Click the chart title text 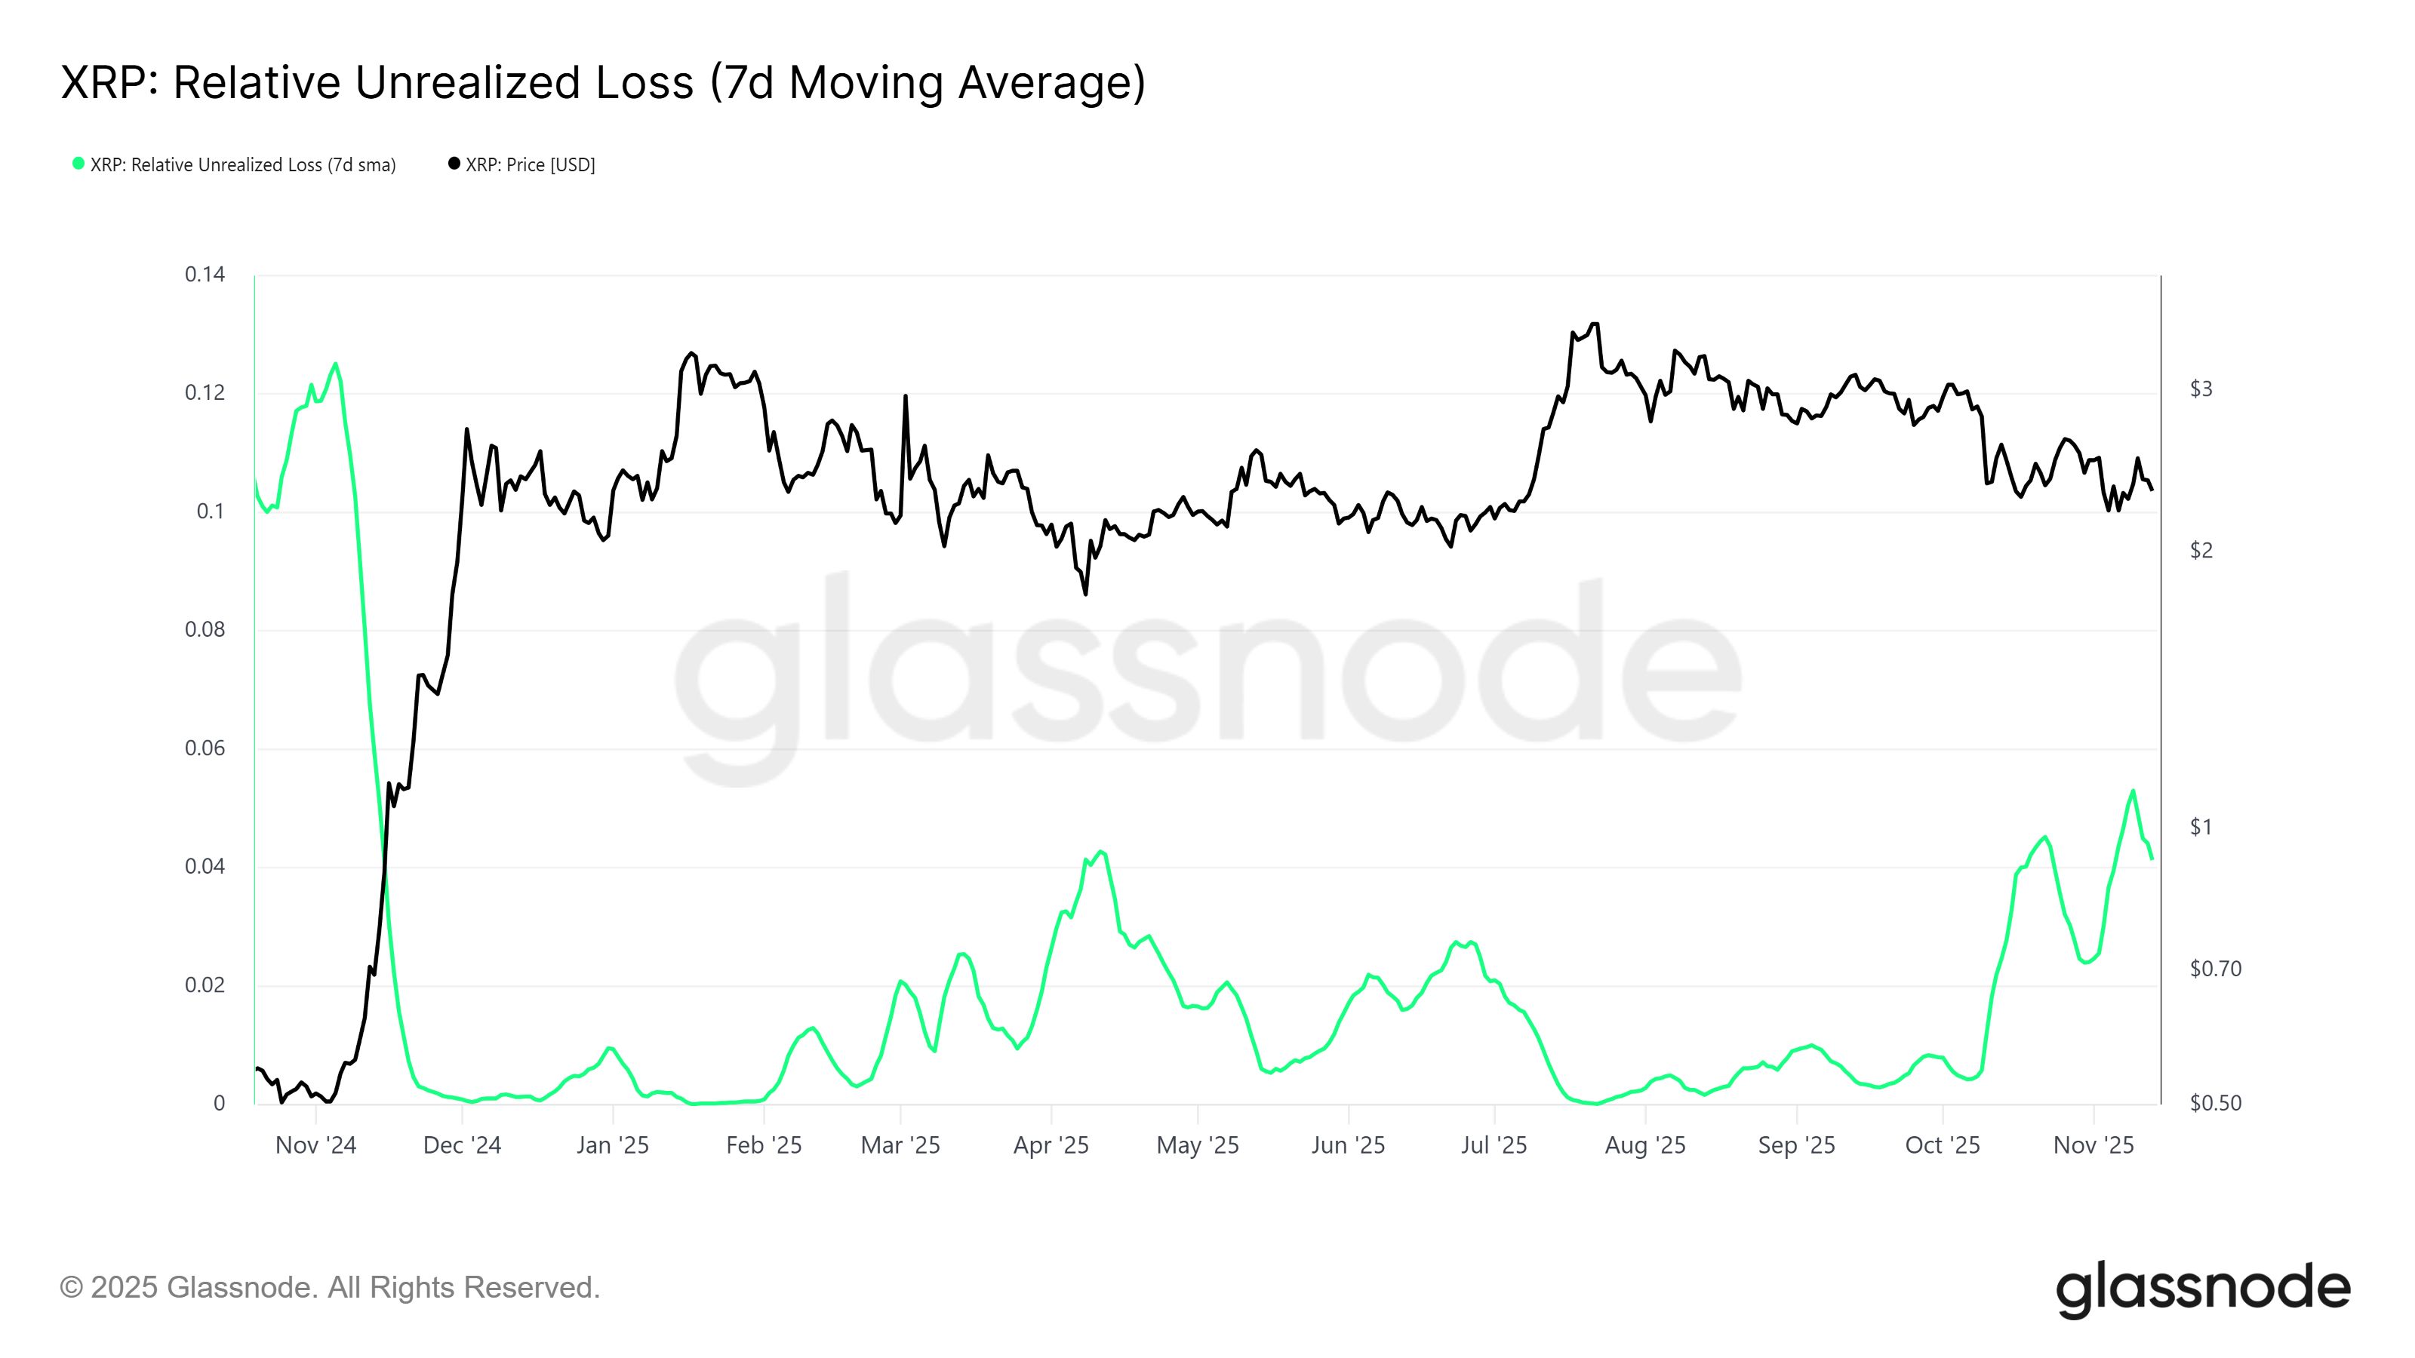[603, 82]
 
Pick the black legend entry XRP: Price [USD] [522, 165]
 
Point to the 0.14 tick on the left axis [205, 275]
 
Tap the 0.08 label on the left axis [205, 630]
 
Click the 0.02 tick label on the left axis [205, 985]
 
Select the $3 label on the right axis [2201, 389]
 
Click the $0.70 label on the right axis [2214, 969]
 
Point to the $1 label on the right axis [2201, 827]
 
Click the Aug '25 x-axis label [1644, 1145]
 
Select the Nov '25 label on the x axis [2093, 1145]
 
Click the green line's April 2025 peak [1100, 851]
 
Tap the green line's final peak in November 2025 [2133, 790]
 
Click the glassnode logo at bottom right [2202, 1289]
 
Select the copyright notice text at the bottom [330, 1288]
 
